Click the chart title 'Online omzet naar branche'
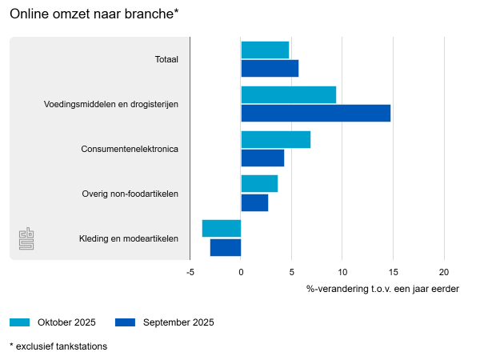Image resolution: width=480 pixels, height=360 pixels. pos(94,14)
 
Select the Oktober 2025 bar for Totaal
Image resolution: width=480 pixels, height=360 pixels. pos(265,50)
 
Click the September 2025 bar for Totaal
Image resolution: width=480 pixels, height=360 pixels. pos(270,68)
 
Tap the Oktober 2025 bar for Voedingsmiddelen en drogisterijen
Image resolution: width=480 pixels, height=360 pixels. pos(288,94)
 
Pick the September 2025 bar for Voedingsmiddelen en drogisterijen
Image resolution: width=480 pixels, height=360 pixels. pos(315,113)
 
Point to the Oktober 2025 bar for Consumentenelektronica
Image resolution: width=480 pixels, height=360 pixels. pos(275,139)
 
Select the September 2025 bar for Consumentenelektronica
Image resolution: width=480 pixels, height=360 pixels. pos(262,158)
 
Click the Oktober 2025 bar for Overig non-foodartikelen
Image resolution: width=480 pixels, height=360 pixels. pos(259,183)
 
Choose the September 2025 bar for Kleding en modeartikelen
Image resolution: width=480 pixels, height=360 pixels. pos(226,247)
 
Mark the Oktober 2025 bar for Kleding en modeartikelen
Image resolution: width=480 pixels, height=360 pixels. pos(222,229)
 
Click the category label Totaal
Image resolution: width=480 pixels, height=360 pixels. pos(166,59)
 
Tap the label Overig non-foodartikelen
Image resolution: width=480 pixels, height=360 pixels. pos(130,194)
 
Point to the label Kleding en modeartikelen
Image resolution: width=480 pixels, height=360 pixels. pos(129,238)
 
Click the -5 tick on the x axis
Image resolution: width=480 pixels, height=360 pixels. pos(190,272)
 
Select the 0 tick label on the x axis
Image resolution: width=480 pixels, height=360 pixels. pos(241,272)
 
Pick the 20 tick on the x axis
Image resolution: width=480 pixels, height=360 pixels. pos(444,272)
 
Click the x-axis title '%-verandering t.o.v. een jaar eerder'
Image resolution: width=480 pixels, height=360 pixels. pos(382,288)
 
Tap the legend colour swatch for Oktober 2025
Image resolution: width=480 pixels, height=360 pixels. pos(19,322)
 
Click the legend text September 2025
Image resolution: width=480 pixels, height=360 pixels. pos(178,322)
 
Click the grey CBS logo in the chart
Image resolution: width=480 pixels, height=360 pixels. pos(26,238)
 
